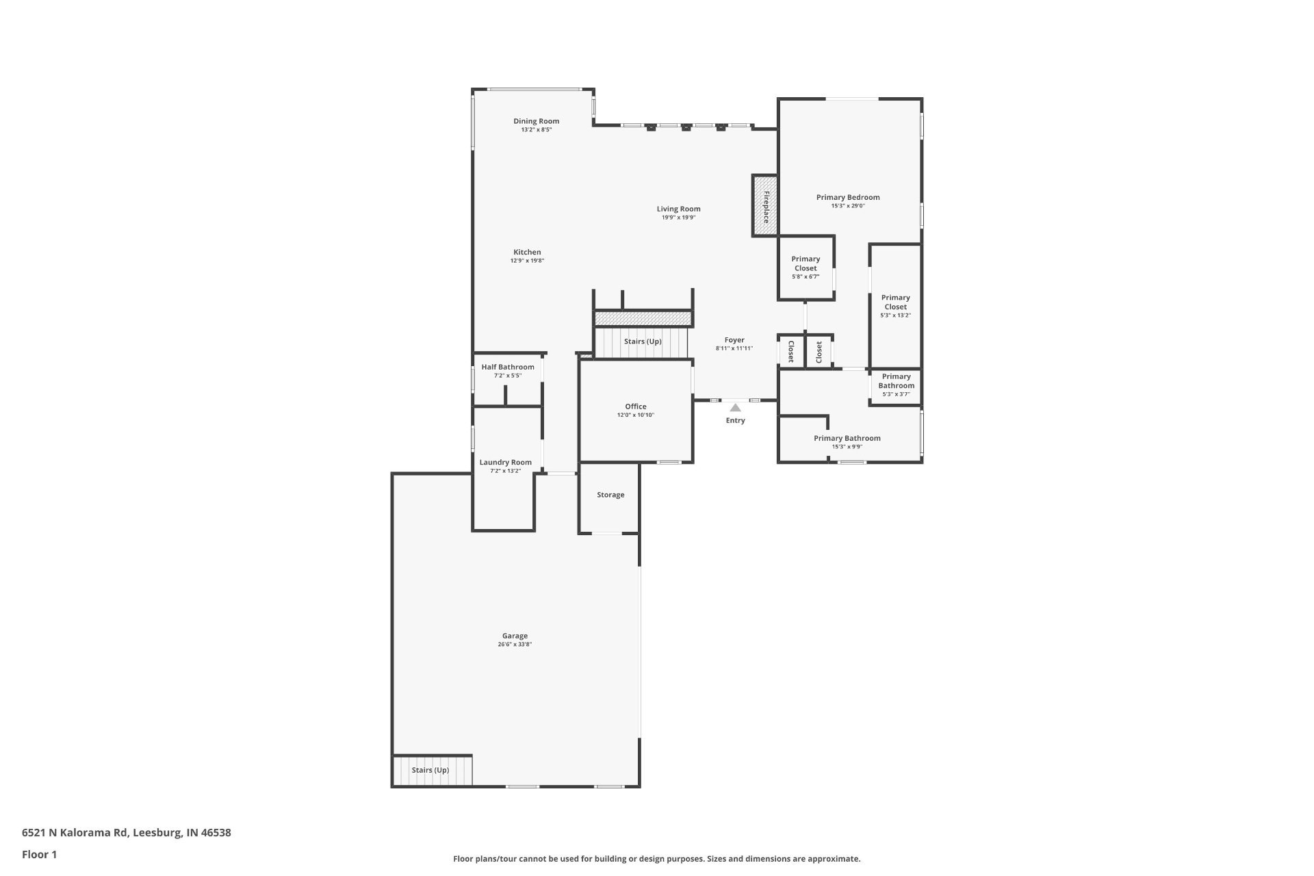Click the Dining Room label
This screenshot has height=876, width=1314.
coord(537,121)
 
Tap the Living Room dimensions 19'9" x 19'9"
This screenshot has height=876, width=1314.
coord(678,218)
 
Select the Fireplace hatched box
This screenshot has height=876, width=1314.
coord(766,206)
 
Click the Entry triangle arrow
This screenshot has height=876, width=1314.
coord(735,408)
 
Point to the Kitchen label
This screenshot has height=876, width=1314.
coord(528,252)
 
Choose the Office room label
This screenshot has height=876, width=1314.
coord(636,407)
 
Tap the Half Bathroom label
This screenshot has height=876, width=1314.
coord(508,367)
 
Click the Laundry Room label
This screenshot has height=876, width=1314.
coord(506,463)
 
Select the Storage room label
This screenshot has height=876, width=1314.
coord(610,495)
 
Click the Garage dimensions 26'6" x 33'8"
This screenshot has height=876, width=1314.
coord(515,645)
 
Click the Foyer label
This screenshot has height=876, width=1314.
coord(734,339)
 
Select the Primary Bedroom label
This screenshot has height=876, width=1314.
coord(848,197)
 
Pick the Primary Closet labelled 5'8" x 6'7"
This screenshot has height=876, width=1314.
coord(806,267)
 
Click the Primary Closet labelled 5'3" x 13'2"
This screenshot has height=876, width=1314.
coord(896,306)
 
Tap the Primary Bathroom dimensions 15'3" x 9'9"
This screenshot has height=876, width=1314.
coord(847,447)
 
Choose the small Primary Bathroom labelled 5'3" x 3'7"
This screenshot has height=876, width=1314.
coord(897,385)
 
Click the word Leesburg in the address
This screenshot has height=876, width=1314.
coord(157,833)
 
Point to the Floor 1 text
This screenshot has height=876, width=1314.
coord(40,854)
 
